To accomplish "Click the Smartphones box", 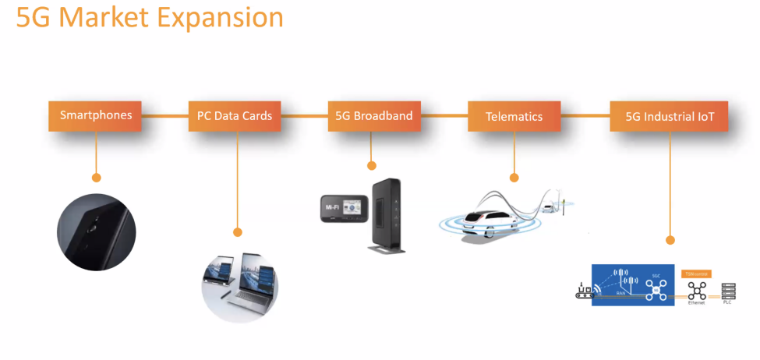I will point(96,116).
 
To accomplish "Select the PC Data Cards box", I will point(234,116).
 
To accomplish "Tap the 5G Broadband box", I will point(373,116).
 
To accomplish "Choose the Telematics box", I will point(514,116).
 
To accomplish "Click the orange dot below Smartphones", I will point(97,178).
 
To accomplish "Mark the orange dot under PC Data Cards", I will point(238,231).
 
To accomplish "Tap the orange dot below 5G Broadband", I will point(372,165).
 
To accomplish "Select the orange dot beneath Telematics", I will point(513,177).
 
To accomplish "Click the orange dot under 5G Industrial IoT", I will point(670,240).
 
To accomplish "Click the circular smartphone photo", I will point(97,231).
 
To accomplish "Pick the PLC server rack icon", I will point(729,291).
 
